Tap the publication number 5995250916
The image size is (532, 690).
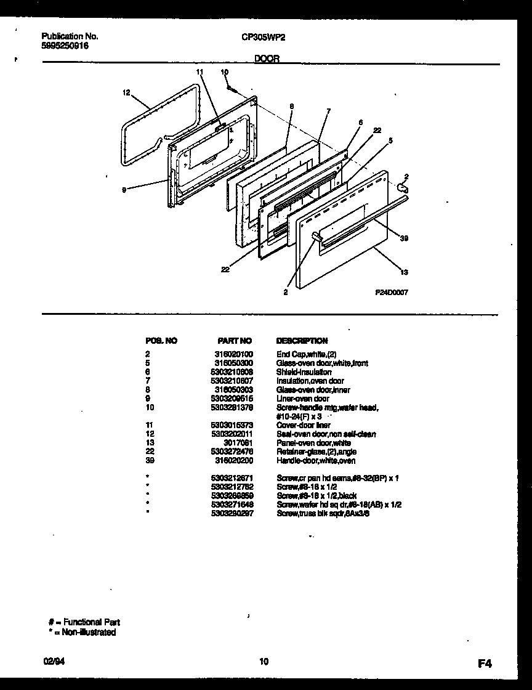tap(60, 46)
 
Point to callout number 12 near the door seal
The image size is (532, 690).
tap(126, 93)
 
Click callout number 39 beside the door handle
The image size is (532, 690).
tap(405, 238)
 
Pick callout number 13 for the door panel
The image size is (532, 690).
tap(404, 272)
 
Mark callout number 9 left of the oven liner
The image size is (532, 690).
tap(125, 190)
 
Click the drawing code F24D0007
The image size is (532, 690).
tap(392, 293)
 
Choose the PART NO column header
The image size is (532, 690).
tap(235, 341)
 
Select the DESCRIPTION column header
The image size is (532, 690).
tap(302, 341)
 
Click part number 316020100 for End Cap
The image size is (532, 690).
tap(233, 354)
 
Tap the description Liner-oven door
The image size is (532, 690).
tap(303, 399)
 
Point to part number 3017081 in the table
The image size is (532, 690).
tap(240, 443)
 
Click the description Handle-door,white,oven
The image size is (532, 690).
tap(316, 461)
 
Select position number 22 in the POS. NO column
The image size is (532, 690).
tap(148, 452)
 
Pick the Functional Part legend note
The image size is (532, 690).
tap(84, 623)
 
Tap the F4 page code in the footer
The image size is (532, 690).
tap(485, 664)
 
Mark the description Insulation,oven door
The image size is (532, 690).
tap(310, 381)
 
